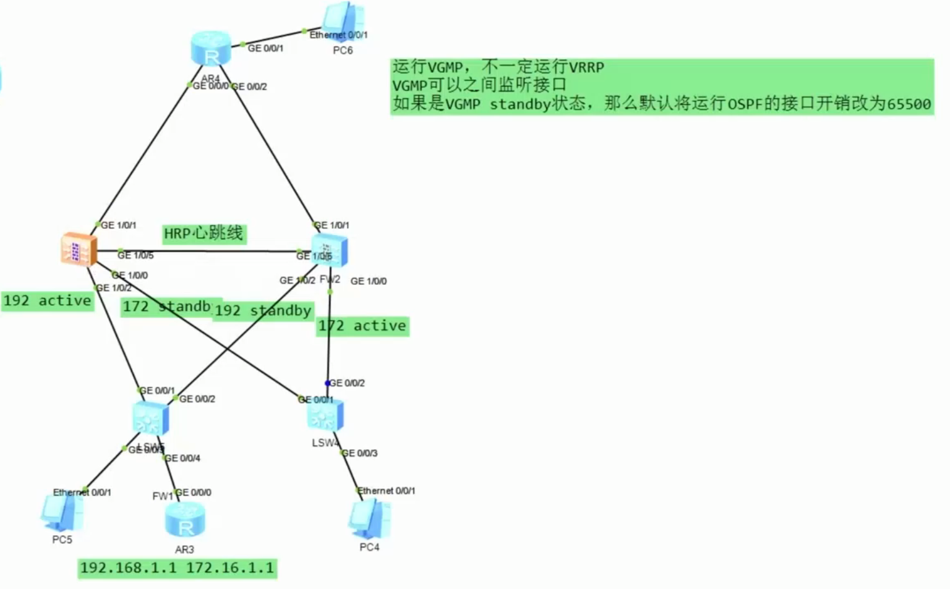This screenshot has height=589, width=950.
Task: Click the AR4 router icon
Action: coord(211,49)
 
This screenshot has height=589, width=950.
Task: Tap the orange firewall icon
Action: coord(79,249)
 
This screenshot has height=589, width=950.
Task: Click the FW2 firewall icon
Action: coord(329,250)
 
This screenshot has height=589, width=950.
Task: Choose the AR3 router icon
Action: coord(185,521)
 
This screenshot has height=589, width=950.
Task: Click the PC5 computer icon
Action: coord(62,513)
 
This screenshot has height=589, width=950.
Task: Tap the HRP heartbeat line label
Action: coord(203,234)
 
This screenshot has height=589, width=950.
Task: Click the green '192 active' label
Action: coord(47,301)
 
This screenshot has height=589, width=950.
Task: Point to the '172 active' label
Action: coord(362,326)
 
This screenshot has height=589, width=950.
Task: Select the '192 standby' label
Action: coord(263,310)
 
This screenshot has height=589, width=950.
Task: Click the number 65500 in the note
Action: coord(909,104)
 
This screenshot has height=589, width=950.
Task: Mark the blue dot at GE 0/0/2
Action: coord(328,384)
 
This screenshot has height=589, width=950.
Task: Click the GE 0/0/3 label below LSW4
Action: coord(360,453)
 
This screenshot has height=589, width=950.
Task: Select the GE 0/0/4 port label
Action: coord(182,458)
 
